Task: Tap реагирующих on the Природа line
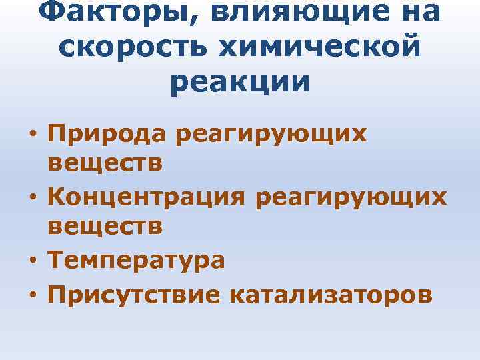pos(269,135)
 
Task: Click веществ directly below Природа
pos(105,163)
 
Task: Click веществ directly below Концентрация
pos(105,227)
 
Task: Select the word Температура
pos(136,260)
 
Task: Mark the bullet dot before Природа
pos(32,135)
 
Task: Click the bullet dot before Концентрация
pos(32,199)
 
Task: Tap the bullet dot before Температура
pos(32,261)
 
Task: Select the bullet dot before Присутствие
pos(32,293)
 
